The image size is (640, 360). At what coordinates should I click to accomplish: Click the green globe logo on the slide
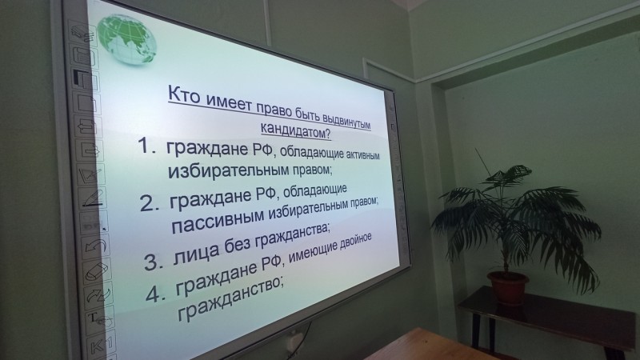[127, 39]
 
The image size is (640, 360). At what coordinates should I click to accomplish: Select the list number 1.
[146, 146]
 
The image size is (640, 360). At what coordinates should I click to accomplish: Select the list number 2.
[150, 203]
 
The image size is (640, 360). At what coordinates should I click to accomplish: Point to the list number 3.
[154, 262]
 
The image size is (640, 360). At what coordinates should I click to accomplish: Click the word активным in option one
[363, 155]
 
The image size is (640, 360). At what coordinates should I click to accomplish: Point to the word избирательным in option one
[229, 171]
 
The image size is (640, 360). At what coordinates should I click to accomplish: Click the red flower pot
[508, 288]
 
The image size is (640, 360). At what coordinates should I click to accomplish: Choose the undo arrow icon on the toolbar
[95, 246]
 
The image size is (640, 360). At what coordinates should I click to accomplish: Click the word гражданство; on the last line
[230, 298]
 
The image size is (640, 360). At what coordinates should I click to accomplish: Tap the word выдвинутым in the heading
[346, 121]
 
